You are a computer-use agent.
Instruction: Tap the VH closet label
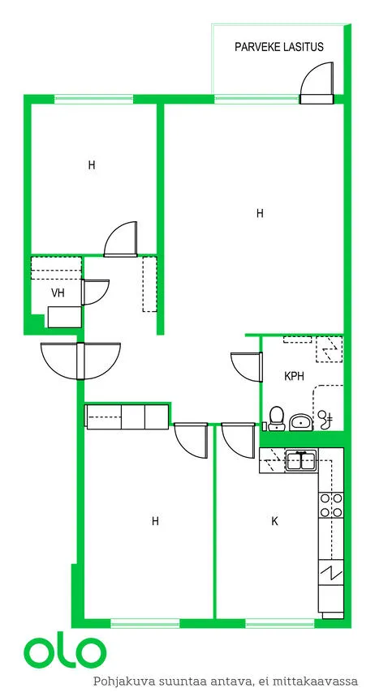point(58,293)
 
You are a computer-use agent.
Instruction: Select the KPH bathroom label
point(294,376)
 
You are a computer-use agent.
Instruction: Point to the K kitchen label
point(274,522)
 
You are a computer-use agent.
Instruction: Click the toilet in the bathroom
point(277,418)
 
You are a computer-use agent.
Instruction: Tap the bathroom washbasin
point(300,422)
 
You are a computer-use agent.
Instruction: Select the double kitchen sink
point(300,461)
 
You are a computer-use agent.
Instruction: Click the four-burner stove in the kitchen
point(331,506)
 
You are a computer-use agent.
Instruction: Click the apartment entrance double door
point(80,361)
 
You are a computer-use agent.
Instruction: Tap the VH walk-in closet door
point(95,293)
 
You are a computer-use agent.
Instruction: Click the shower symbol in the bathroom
point(325,419)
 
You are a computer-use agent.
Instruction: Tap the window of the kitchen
point(279,623)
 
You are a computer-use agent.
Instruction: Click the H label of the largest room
point(260,214)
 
